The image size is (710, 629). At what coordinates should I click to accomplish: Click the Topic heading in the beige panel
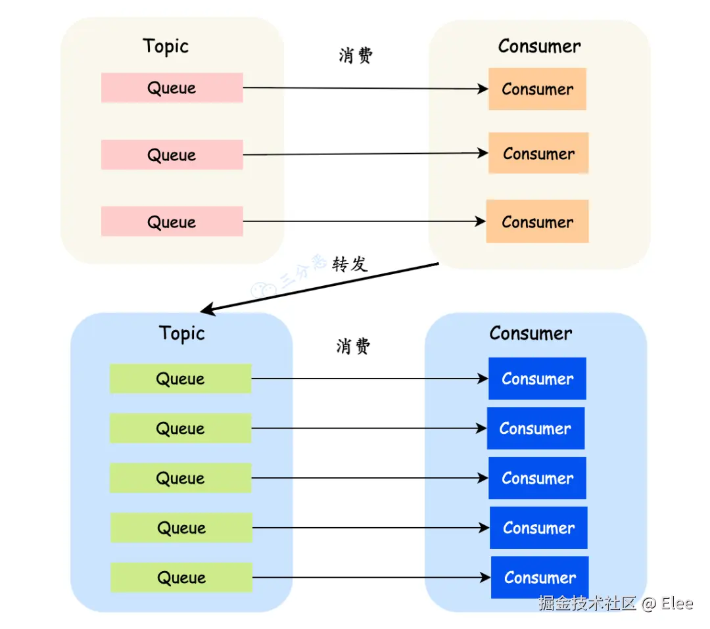click(166, 47)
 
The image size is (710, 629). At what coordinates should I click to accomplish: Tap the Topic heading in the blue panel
click(181, 334)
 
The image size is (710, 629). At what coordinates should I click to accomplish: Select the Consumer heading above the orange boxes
click(539, 46)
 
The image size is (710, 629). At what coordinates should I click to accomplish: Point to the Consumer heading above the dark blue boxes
click(531, 333)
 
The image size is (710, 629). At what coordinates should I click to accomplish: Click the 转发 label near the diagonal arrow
click(350, 264)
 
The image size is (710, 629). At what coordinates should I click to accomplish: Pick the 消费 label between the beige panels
click(356, 55)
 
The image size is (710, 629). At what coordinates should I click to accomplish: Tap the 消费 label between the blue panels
click(353, 346)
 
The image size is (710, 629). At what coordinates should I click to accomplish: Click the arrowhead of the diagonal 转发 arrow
click(201, 312)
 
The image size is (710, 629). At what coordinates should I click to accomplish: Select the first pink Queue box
click(172, 88)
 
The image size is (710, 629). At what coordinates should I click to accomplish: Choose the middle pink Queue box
click(172, 155)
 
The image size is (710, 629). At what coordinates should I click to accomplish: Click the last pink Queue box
click(172, 221)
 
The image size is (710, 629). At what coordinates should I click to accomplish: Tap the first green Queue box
click(181, 379)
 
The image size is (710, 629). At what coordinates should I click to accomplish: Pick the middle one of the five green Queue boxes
click(181, 478)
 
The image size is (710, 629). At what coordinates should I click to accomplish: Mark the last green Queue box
click(181, 577)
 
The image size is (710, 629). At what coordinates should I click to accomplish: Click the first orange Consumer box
click(538, 89)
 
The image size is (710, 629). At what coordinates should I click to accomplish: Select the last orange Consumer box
click(538, 221)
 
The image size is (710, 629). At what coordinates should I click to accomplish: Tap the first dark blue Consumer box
click(538, 379)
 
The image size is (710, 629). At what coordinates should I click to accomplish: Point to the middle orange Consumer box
click(539, 153)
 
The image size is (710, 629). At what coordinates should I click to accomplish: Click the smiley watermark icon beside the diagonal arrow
click(264, 290)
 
